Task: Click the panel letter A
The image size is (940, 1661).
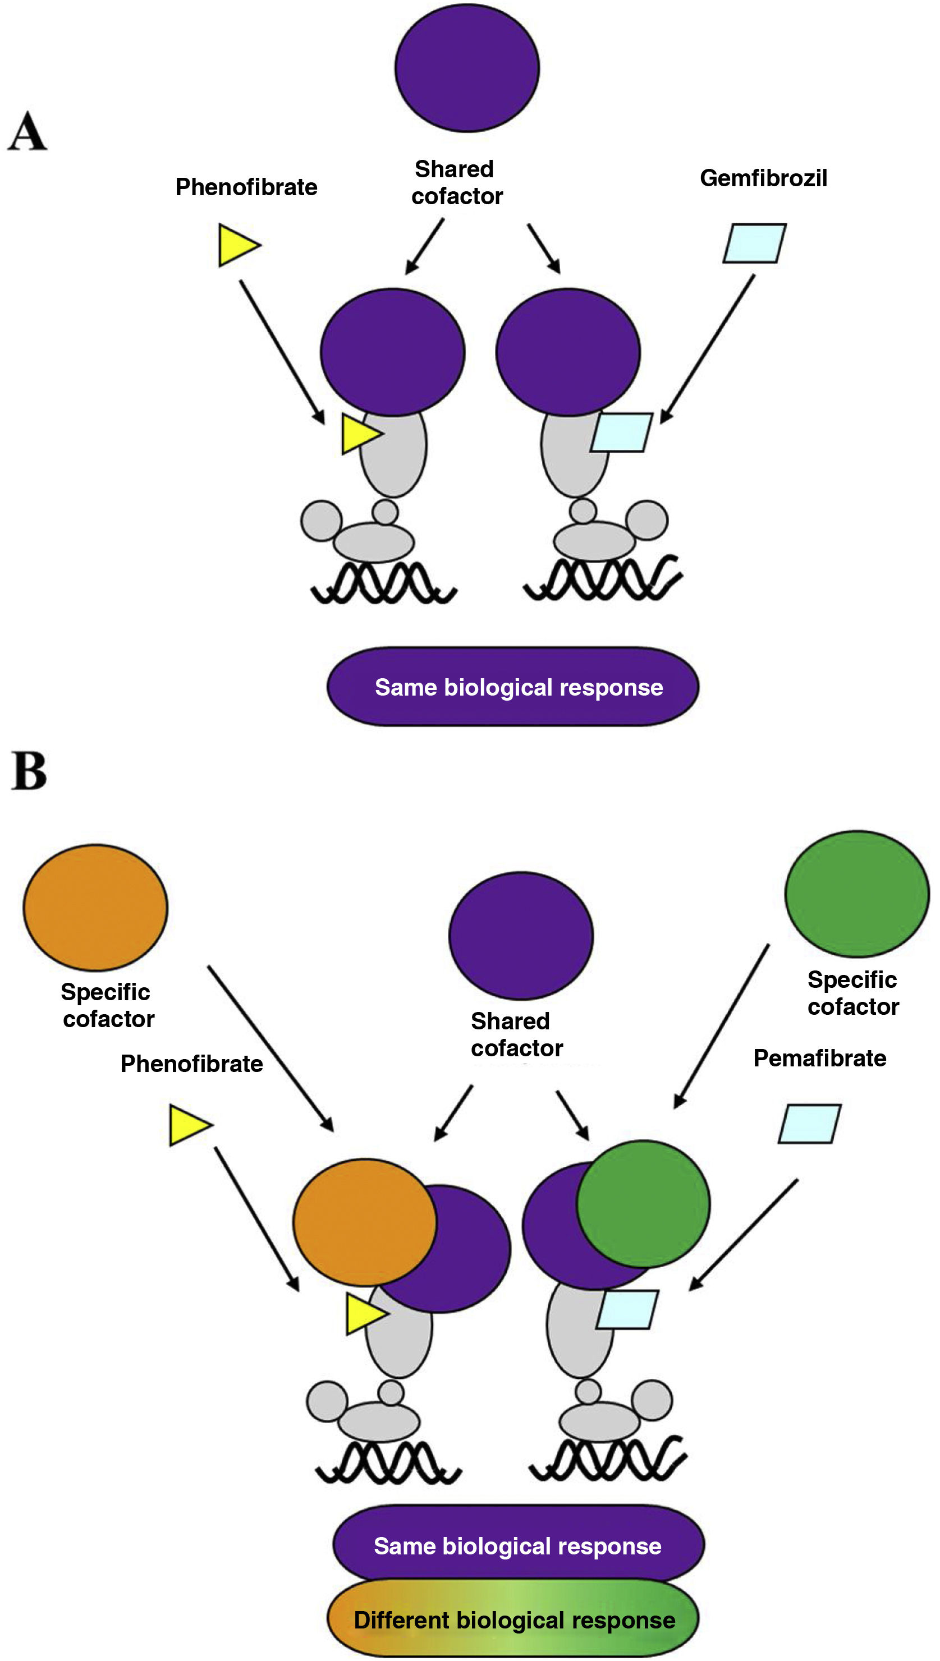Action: click(x=27, y=131)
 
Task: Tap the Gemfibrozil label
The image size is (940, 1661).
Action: click(x=763, y=178)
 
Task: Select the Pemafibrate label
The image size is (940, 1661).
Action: click(x=819, y=1059)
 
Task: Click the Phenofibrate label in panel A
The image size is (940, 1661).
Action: click(x=246, y=187)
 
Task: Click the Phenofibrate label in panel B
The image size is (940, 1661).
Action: click(x=191, y=1064)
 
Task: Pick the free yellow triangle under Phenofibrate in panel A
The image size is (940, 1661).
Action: click(x=236, y=245)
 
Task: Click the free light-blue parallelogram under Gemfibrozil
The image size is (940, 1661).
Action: click(x=754, y=243)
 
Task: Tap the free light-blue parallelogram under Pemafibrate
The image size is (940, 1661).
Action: click(x=809, y=1124)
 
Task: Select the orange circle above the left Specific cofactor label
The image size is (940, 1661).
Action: click(x=95, y=907)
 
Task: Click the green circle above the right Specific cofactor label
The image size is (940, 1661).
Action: click(x=857, y=894)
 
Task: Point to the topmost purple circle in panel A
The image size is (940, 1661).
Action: click(x=467, y=68)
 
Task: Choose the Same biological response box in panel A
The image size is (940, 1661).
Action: click(x=512, y=687)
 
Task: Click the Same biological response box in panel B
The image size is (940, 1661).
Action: click(x=518, y=1545)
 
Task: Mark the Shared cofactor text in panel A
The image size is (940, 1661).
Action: click(x=456, y=183)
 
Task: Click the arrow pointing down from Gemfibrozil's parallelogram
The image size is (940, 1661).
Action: click(x=708, y=348)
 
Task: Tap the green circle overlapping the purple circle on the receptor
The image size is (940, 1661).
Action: click(x=643, y=1204)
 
